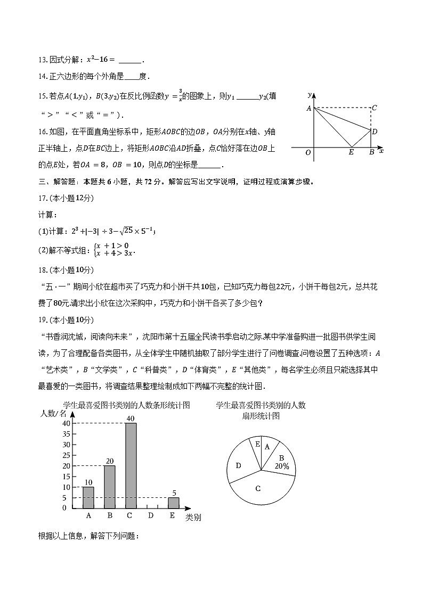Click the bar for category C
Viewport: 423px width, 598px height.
point(131,466)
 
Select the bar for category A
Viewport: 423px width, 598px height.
point(88,498)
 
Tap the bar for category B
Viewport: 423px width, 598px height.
point(109,487)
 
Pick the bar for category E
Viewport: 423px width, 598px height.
point(173,503)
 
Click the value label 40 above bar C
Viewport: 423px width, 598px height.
point(131,419)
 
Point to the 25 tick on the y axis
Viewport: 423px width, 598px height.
point(66,455)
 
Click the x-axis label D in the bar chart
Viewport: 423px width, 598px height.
point(151,515)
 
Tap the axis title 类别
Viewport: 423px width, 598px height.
point(193,517)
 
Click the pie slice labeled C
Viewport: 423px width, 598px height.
point(258,488)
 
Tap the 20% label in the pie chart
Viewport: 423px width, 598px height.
point(282,466)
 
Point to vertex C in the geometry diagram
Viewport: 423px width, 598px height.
point(375,108)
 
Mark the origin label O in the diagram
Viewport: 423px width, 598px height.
point(308,153)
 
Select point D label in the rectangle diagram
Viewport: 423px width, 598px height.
point(375,132)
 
